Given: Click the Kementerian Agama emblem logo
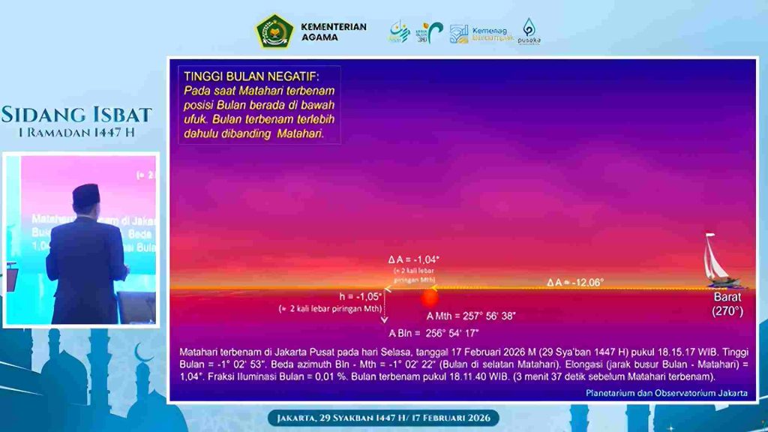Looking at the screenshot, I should [x=275, y=31].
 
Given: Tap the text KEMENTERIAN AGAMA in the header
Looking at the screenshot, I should [x=333, y=31].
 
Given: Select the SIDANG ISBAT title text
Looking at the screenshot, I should [x=76, y=115].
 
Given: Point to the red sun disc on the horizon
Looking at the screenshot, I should [x=429, y=298].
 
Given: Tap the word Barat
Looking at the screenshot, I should [x=726, y=297].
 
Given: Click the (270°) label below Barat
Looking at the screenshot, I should [x=726, y=310].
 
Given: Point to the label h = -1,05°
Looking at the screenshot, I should [x=361, y=296].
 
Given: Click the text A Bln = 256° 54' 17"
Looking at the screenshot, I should [x=433, y=333].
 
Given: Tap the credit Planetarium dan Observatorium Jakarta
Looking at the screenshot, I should [x=666, y=393].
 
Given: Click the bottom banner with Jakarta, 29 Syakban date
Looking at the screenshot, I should [x=383, y=417].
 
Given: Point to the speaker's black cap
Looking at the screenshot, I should [x=86, y=196].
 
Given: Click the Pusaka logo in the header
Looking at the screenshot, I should [x=529, y=31].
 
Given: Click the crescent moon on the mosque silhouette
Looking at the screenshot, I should [x=141, y=353].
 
